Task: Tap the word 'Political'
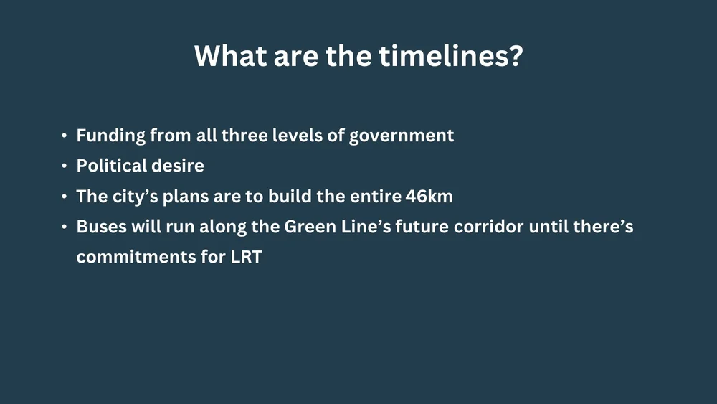pyautogui.click(x=108, y=166)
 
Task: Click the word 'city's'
pyautogui.click(x=134, y=196)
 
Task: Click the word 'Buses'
pyautogui.click(x=100, y=227)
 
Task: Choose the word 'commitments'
pyautogui.click(x=137, y=257)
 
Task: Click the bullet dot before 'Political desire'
pyautogui.click(x=65, y=166)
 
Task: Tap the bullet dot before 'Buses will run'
pyautogui.click(x=65, y=227)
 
